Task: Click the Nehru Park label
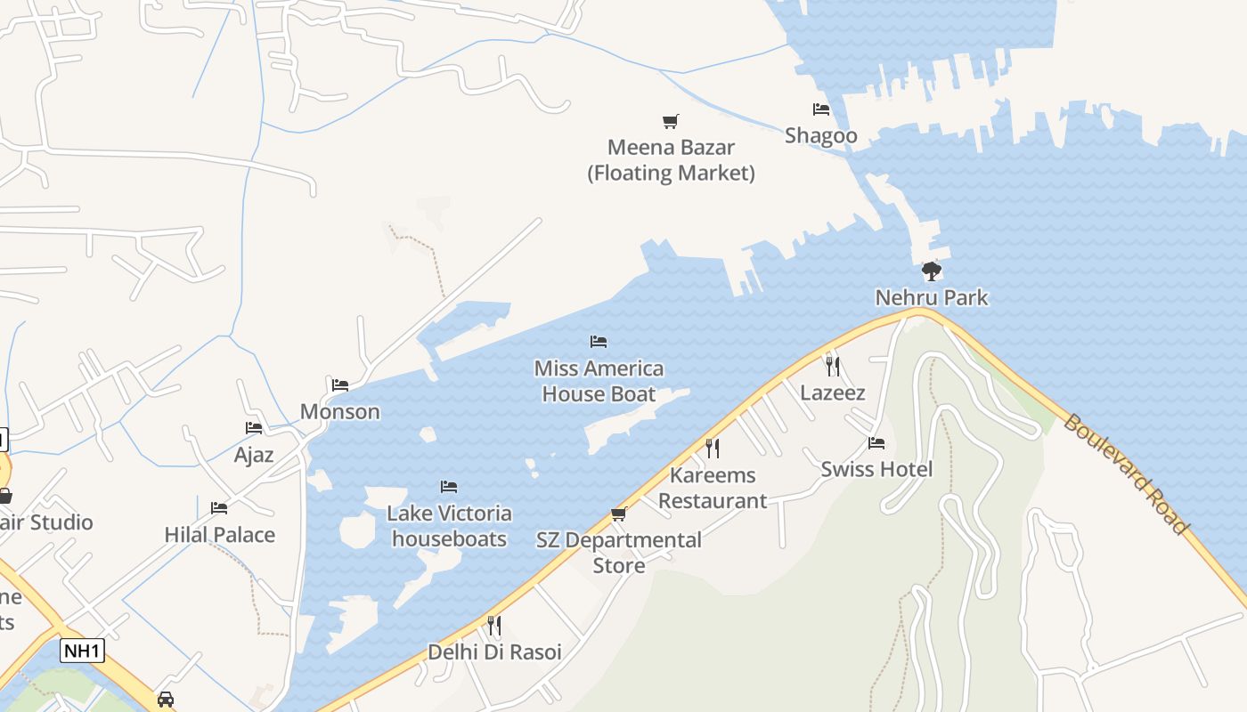[931, 297]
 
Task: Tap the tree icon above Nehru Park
[931, 271]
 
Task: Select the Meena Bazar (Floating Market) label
[671, 160]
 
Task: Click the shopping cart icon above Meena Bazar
[671, 121]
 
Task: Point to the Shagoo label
[820, 135]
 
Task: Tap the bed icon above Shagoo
[820, 109]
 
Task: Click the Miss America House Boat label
[599, 381]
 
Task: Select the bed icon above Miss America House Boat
[599, 342]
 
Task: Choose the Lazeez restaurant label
[832, 392]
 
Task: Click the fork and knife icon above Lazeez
[832, 366]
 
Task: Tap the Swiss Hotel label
[876, 469]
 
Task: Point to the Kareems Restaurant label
[713, 488]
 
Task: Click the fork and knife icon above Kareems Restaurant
[712, 448]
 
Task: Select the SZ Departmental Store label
[619, 553]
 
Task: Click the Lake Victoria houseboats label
[449, 526]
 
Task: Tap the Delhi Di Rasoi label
[494, 652]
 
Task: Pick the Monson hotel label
[339, 411]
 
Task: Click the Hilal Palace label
[219, 535]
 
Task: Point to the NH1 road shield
[82, 651]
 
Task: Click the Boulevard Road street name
[1126, 474]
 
